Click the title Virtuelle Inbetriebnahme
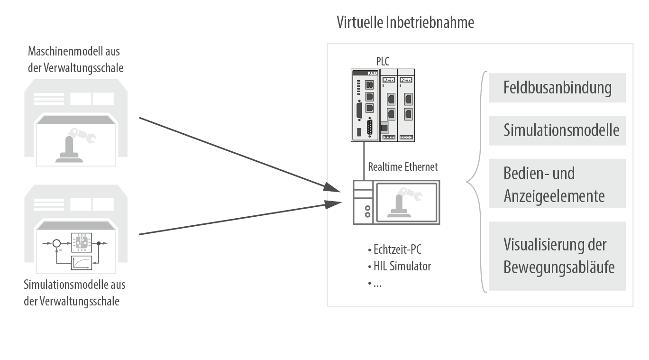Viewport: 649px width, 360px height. coord(405,22)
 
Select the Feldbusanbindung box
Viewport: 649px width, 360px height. coord(557,88)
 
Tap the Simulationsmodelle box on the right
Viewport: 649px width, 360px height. coord(557,130)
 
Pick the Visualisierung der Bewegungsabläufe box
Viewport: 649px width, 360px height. coord(557,256)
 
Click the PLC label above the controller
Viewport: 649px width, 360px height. coord(383,60)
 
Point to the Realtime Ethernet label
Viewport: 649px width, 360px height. coord(403,167)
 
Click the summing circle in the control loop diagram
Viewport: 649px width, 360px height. coord(56,244)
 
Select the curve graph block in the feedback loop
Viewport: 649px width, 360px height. coord(81,262)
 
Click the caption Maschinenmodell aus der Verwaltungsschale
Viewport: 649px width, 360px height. coord(76,60)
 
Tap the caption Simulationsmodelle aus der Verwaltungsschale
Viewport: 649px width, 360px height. coord(75,293)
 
